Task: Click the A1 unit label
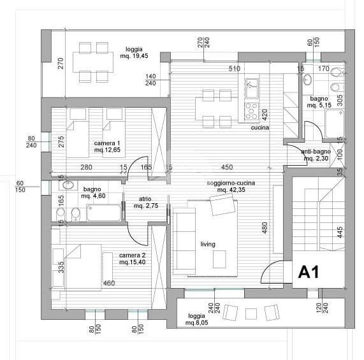tap(309, 272)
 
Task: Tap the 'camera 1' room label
tap(107, 143)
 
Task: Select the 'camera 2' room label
tap(132, 255)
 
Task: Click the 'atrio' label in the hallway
tap(145, 199)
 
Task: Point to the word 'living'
tap(208, 244)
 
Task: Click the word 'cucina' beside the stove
tap(260, 127)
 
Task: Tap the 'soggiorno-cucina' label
tap(231, 183)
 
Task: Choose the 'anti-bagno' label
tap(316, 152)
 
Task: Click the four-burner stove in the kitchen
tap(252, 112)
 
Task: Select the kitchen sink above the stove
tap(252, 88)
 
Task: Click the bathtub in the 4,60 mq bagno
tap(104, 213)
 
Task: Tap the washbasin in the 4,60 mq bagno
tap(68, 185)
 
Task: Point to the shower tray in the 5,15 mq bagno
tap(335, 124)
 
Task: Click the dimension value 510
tap(235, 69)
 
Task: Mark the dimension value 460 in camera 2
tap(109, 283)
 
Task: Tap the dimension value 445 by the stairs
tap(340, 232)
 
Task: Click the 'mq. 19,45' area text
tap(134, 56)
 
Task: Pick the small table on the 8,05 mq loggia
tap(251, 314)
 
